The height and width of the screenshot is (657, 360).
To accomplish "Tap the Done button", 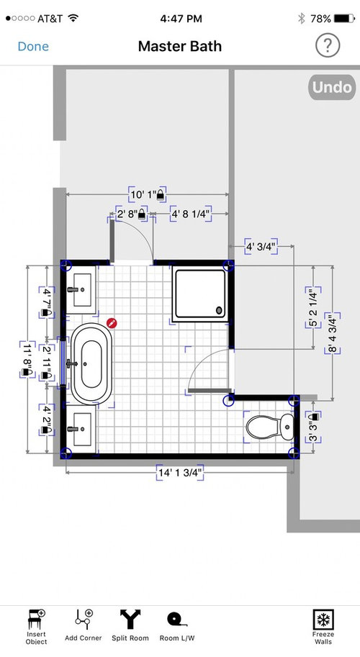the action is point(33,46).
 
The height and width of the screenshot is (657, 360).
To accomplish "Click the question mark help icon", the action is point(328,45).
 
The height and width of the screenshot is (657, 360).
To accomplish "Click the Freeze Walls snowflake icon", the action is point(323,620).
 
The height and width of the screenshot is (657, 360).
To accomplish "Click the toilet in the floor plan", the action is point(270,427).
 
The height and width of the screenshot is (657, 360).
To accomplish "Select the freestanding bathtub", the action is point(91,363).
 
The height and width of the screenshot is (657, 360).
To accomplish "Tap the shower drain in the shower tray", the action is point(219,310).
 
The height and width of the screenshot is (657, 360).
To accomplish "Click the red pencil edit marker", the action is point(112,322).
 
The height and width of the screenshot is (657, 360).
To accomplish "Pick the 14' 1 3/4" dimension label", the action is point(180,473).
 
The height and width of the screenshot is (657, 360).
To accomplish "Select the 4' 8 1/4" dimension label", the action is point(190,214).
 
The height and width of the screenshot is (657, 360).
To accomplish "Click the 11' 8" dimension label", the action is point(27,360).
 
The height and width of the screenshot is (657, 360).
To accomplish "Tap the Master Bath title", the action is point(180,46).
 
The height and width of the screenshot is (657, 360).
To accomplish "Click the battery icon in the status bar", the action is point(344,19).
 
